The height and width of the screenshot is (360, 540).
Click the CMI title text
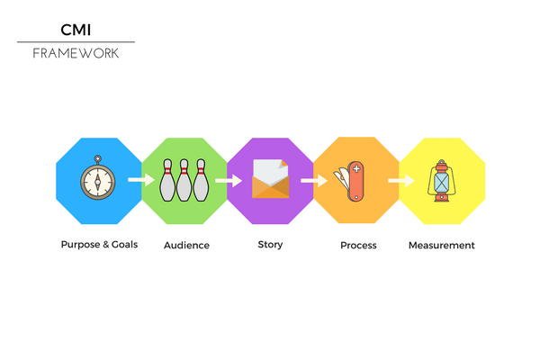pyautogui.click(x=76, y=30)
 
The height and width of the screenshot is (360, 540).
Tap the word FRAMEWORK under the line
pyautogui.click(x=76, y=53)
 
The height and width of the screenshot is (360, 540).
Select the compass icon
pyautogui.click(x=98, y=178)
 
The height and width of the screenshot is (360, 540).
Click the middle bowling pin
pyautogui.click(x=184, y=180)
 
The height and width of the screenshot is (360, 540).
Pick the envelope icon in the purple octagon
pyautogui.click(x=270, y=179)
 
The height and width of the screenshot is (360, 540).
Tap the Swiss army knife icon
pyautogui.click(x=349, y=181)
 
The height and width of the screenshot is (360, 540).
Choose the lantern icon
pyautogui.click(x=442, y=181)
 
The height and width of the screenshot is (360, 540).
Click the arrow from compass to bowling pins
pyautogui.click(x=141, y=179)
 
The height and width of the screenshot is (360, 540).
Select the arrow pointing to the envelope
pyautogui.click(x=229, y=181)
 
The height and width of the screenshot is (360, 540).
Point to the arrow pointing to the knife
pyautogui.click(x=314, y=181)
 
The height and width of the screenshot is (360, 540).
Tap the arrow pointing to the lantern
pyautogui.click(x=401, y=181)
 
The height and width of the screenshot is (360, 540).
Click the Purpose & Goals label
pyautogui.click(x=99, y=245)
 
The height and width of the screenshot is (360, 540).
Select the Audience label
pyautogui.click(x=186, y=246)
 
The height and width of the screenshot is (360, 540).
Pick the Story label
pyautogui.click(x=270, y=245)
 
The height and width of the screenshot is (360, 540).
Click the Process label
pyautogui.click(x=358, y=246)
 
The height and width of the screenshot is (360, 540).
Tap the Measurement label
pyautogui.click(x=442, y=246)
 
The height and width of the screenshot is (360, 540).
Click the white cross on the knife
pyautogui.click(x=356, y=168)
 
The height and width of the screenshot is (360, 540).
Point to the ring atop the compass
pyautogui.click(x=98, y=158)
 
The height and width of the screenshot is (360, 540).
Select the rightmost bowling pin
pyautogui.click(x=201, y=180)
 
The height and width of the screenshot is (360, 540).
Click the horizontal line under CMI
pyautogui.click(x=76, y=42)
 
